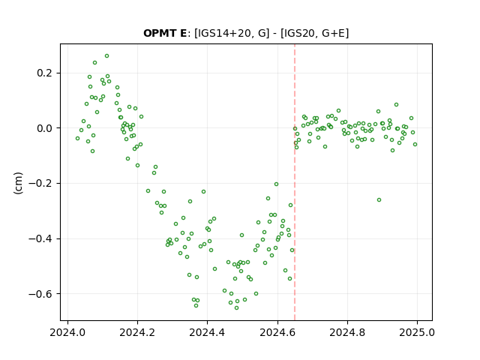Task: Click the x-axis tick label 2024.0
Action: coord(67,332)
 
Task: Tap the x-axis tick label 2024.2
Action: coord(137,332)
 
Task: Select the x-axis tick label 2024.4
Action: coord(207,332)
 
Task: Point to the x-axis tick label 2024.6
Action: coord(277,332)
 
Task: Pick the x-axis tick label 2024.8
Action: coord(347,332)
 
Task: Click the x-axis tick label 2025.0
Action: coord(417,332)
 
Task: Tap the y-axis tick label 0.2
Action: coord(45,73)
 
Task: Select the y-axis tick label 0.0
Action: coord(45,128)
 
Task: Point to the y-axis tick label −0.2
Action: coord(40,183)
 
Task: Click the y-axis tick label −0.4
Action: coord(40,238)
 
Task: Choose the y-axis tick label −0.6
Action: coord(40,294)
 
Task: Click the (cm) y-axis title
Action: coord(18,183)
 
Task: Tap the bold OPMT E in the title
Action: coord(165,33)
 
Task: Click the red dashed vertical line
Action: coord(295,182)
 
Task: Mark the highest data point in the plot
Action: coord(106,56)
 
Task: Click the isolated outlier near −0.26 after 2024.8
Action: coord(379,200)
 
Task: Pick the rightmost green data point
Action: coord(415,145)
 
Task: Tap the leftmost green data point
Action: coord(78,138)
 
